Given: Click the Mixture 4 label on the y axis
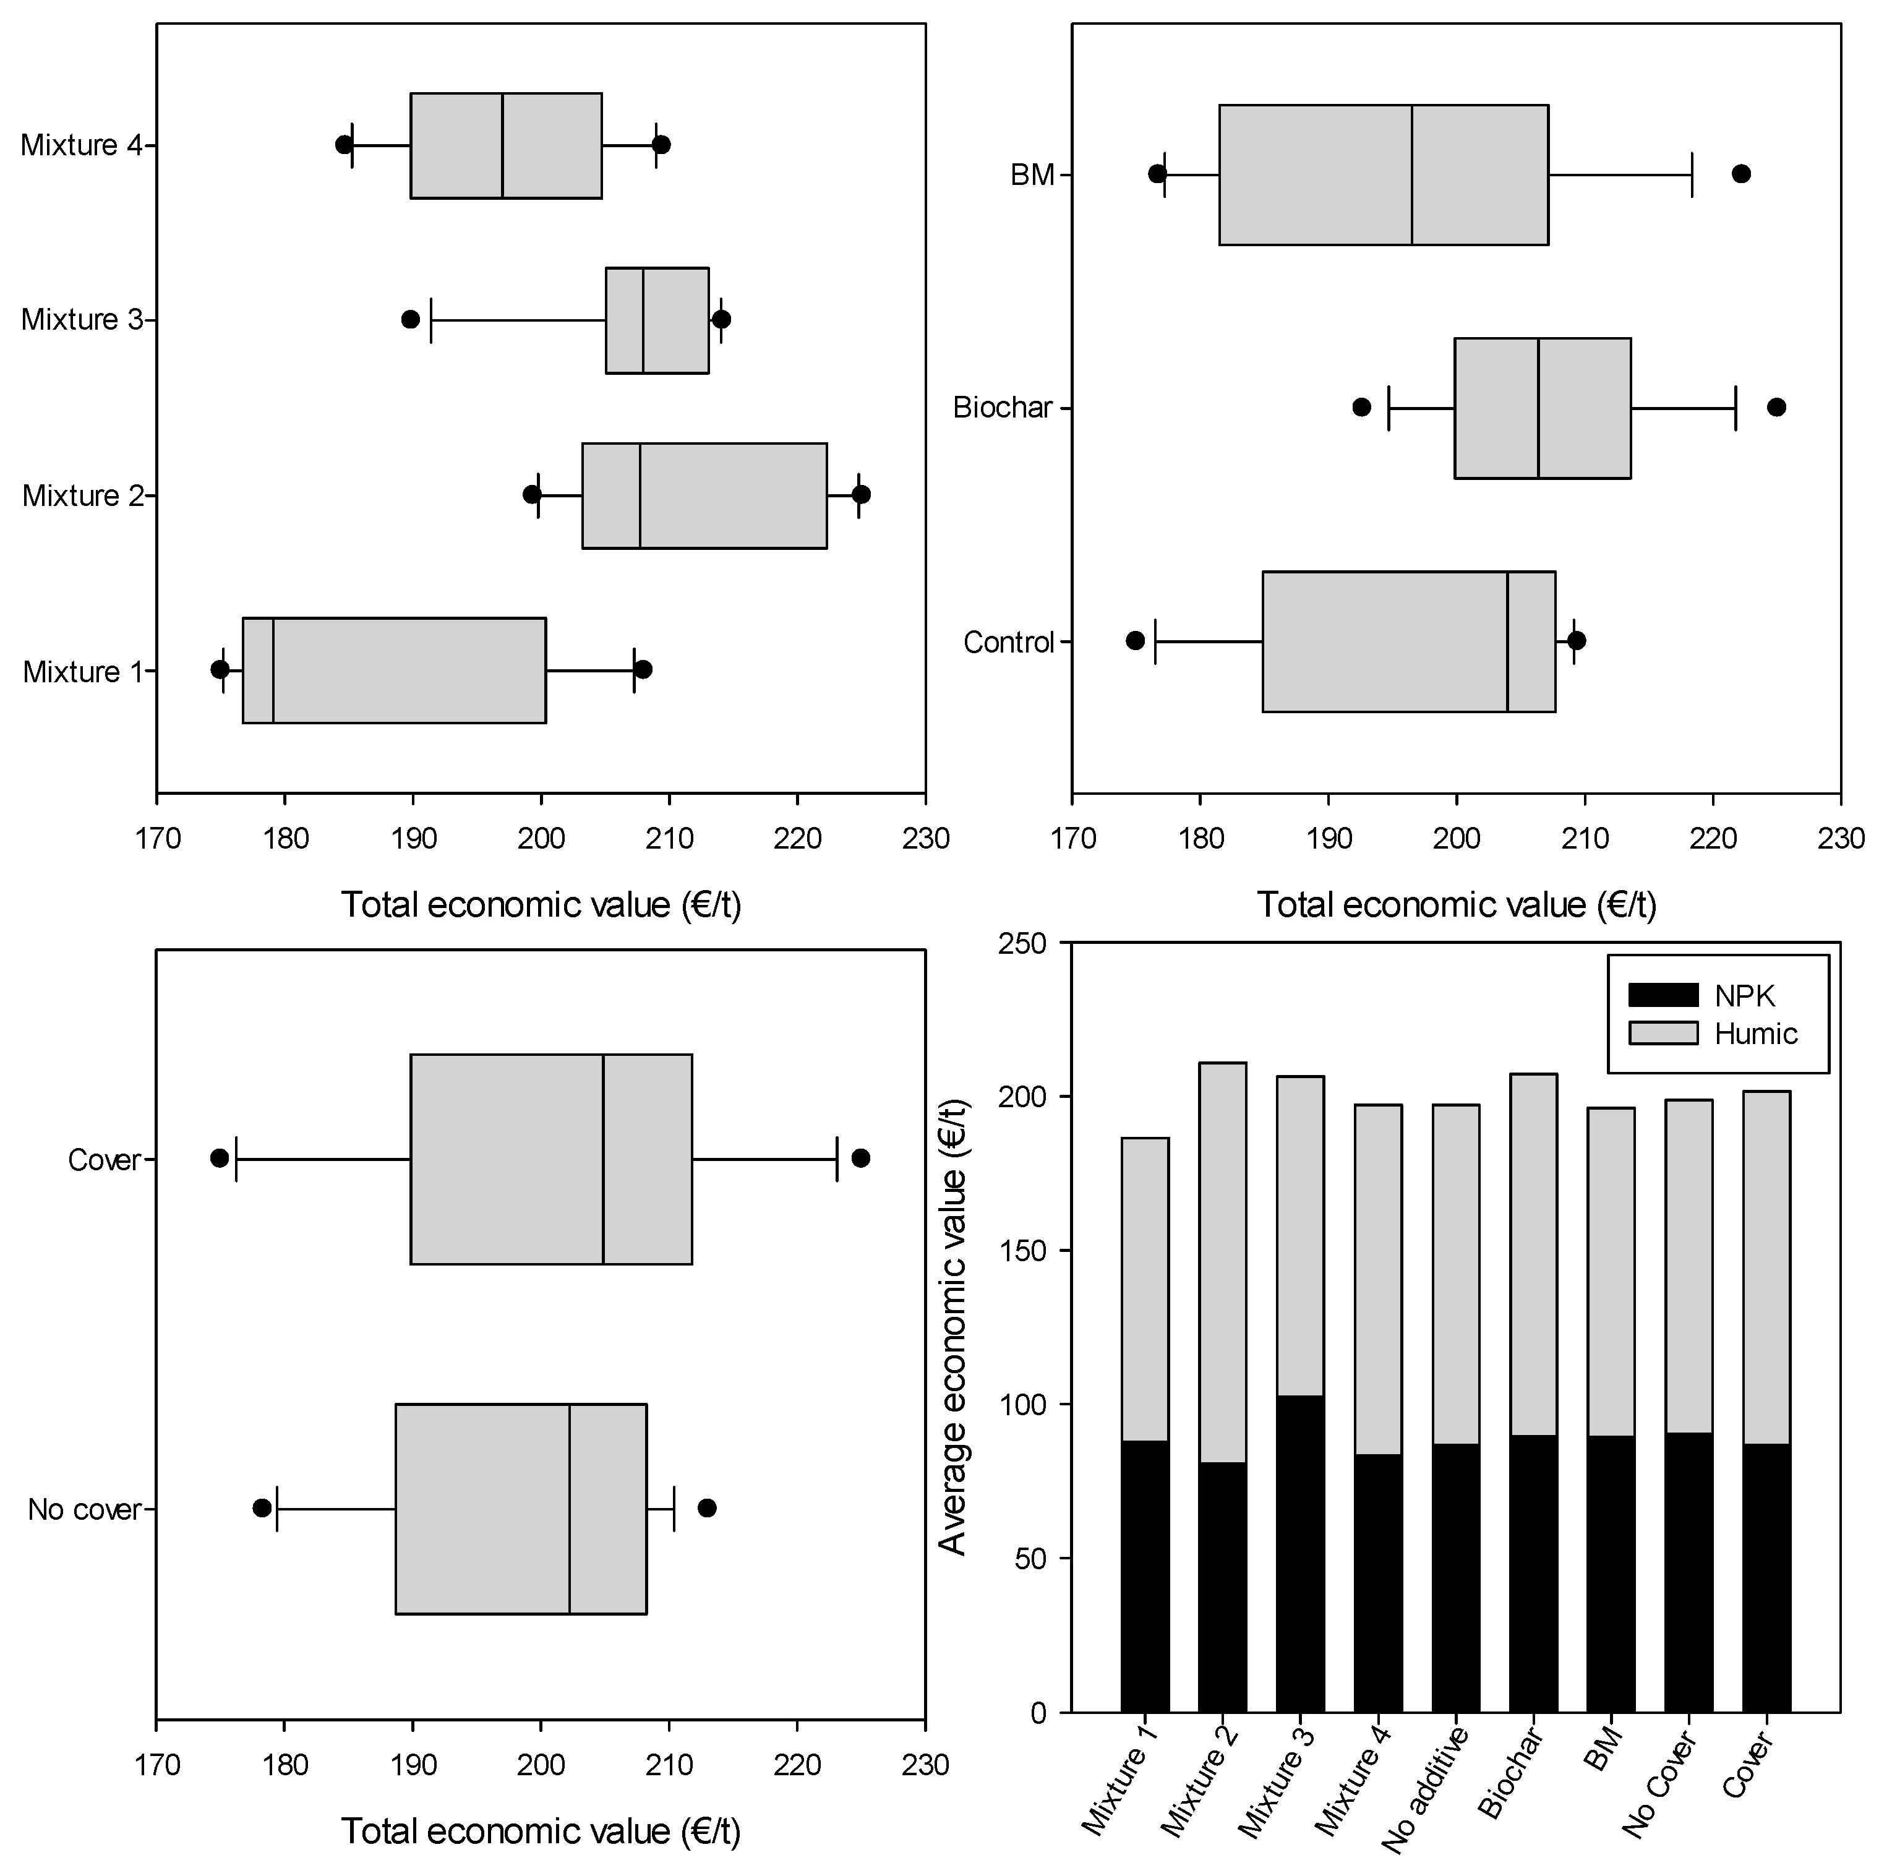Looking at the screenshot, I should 82,145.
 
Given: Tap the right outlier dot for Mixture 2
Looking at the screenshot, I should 861,494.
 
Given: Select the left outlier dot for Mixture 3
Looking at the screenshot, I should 411,319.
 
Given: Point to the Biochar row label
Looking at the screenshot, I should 1002,408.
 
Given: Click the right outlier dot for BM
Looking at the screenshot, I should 1741,174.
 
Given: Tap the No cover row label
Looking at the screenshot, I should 83,1509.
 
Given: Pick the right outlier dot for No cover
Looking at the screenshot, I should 707,1507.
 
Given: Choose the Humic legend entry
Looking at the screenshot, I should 1755,1033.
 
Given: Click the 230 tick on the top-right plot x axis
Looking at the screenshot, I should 1840,838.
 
